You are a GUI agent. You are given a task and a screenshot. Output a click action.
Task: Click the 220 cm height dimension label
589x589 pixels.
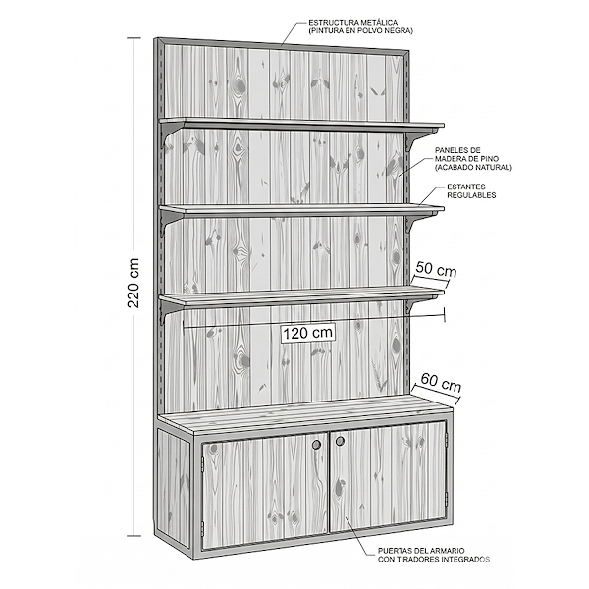(x=134, y=286)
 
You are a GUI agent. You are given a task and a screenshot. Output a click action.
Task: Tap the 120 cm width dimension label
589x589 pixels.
(x=308, y=332)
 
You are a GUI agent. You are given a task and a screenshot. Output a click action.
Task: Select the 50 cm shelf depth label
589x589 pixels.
(x=436, y=269)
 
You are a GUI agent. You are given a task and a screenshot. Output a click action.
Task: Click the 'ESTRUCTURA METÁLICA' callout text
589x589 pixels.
(x=352, y=26)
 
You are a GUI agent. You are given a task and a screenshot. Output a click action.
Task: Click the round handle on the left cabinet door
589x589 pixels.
(x=317, y=445)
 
